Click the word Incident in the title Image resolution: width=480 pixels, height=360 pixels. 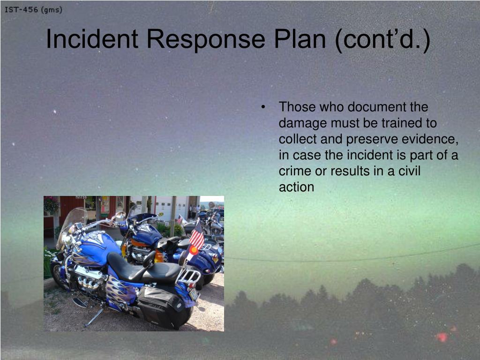coord(92,39)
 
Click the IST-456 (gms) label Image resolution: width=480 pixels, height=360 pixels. coord(33,10)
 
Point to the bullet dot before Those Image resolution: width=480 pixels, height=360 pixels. coord(263,107)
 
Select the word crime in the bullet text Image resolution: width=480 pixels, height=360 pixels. coord(295,171)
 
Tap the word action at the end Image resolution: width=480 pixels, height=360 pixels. coord(296,187)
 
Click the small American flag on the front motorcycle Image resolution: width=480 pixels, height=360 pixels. coord(197,234)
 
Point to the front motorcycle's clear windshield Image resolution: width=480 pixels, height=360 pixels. coord(71,225)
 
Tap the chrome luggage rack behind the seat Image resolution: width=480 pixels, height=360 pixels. coord(188,276)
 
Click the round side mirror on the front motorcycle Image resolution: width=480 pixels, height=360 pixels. coord(120,215)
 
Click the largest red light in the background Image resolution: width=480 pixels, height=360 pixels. coord(442,337)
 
